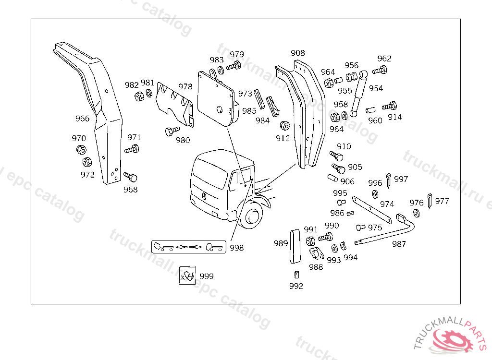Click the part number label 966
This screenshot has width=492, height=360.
[82, 119]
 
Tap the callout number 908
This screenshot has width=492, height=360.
[298, 53]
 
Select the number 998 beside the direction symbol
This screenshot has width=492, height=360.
[236, 248]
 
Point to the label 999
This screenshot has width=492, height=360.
[206, 276]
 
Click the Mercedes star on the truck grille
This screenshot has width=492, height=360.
[205, 197]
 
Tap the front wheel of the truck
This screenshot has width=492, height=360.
[252, 217]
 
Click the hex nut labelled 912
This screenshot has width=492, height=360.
[284, 126]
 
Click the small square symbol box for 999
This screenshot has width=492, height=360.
[187, 275]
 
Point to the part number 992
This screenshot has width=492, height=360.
[296, 286]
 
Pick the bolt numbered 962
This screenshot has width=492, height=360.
[379, 71]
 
